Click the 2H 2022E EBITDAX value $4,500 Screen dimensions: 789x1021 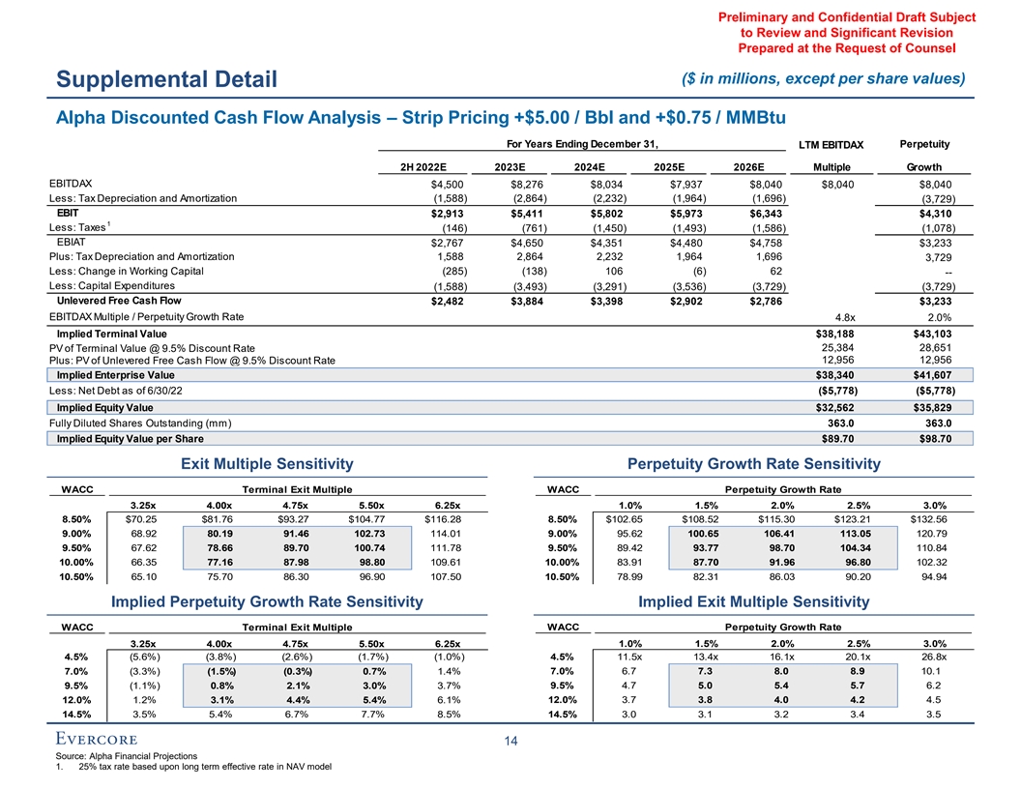pyautogui.click(x=433, y=186)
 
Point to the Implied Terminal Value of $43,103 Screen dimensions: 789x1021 pyautogui.click(x=931, y=334)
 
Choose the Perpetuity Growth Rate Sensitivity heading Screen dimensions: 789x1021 pyautogui.click(x=753, y=465)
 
